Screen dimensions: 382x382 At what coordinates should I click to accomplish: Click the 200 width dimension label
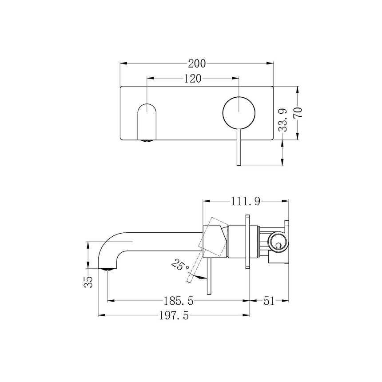(197, 64)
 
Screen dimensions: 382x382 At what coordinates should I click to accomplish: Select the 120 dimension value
(192, 79)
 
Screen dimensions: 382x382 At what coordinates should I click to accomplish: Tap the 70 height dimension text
(298, 112)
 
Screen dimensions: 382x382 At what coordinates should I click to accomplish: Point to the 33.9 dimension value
(283, 120)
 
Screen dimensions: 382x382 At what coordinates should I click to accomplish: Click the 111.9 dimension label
(246, 201)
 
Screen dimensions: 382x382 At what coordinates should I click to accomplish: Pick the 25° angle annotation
(180, 266)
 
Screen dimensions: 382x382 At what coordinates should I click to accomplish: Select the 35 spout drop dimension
(88, 282)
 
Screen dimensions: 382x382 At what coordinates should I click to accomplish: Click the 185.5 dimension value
(178, 301)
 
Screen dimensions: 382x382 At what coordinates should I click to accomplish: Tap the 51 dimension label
(269, 301)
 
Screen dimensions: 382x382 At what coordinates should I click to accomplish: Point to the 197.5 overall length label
(174, 316)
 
